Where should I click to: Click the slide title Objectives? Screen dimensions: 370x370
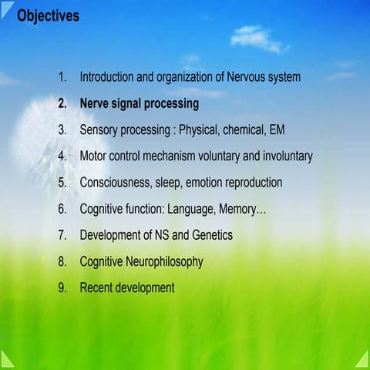coord(48,16)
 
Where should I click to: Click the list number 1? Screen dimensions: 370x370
coord(62,77)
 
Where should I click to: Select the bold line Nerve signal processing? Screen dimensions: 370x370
coord(140,103)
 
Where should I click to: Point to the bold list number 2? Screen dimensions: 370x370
coord(62,103)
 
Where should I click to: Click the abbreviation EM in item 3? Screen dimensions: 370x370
coord(277,129)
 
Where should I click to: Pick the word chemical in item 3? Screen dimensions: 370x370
coord(236,129)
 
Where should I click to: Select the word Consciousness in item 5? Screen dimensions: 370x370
coord(118,183)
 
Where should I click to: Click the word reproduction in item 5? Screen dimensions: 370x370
coord(249,183)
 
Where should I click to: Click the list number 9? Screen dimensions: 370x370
coord(62,288)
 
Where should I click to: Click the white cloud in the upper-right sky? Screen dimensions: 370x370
coord(258,39)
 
